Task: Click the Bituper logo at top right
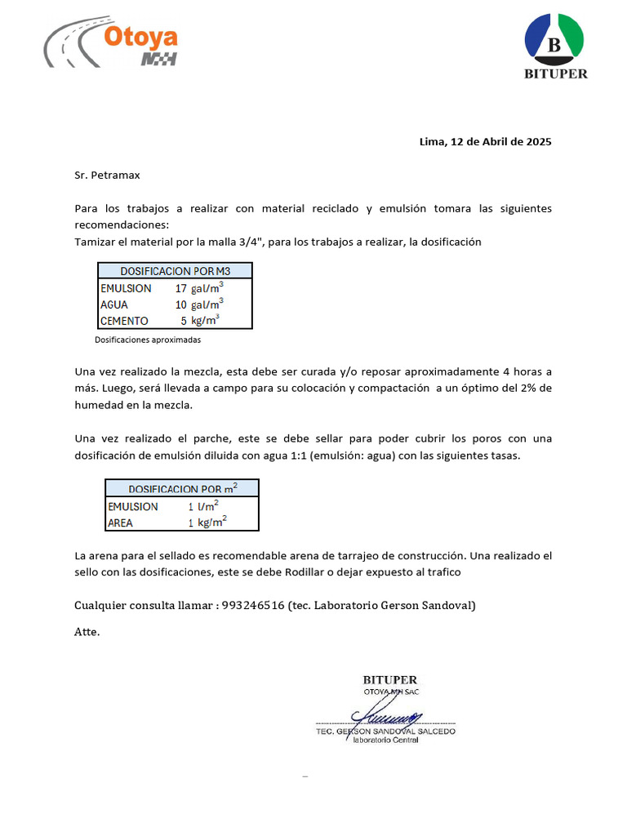click(x=554, y=48)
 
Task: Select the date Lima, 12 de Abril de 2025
click(x=485, y=141)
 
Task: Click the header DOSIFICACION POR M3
click(x=176, y=271)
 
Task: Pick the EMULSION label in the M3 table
click(x=126, y=288)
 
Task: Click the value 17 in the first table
click(x=181, y=288)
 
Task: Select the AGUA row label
click(x=114, y=305)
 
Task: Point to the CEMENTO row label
click(x=124, y=321)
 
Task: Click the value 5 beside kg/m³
click(x=184, y=321)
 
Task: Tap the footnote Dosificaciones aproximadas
click(x=148, y=340)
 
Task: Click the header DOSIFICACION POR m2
click(x=182, y=488)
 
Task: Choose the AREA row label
click(x=121, y=523)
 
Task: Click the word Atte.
click(x=87, y=631)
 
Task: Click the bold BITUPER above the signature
click(x=389, y=680)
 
